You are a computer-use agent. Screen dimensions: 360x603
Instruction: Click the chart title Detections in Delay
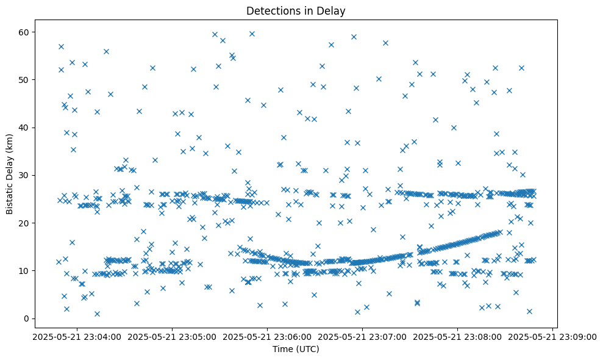(x=295, y=10)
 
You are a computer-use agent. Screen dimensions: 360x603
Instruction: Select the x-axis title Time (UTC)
(x=295, y=350)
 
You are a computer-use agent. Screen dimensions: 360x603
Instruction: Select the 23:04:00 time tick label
(x=77, y=336)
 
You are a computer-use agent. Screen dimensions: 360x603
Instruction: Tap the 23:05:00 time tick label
(x=173, y=336)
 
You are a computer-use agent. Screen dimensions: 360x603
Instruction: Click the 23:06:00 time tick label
(x=268, y=336)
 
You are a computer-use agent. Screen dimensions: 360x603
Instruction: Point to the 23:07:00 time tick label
(x=363, y=336)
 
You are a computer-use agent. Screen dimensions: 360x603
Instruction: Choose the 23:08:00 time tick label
(x=458, y=336)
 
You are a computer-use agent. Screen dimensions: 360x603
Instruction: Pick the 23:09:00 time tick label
(x=553, y=336)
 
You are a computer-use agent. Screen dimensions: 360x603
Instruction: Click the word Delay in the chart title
(x=332, y=10)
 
